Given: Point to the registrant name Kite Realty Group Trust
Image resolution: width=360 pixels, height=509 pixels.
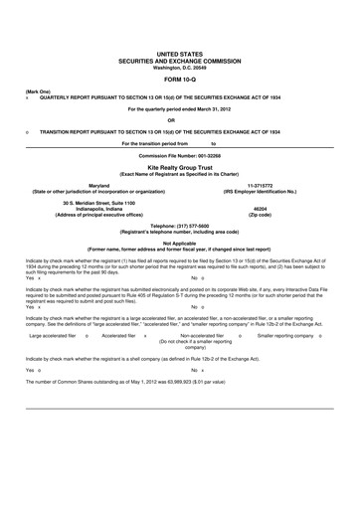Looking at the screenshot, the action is click(180, 169).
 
